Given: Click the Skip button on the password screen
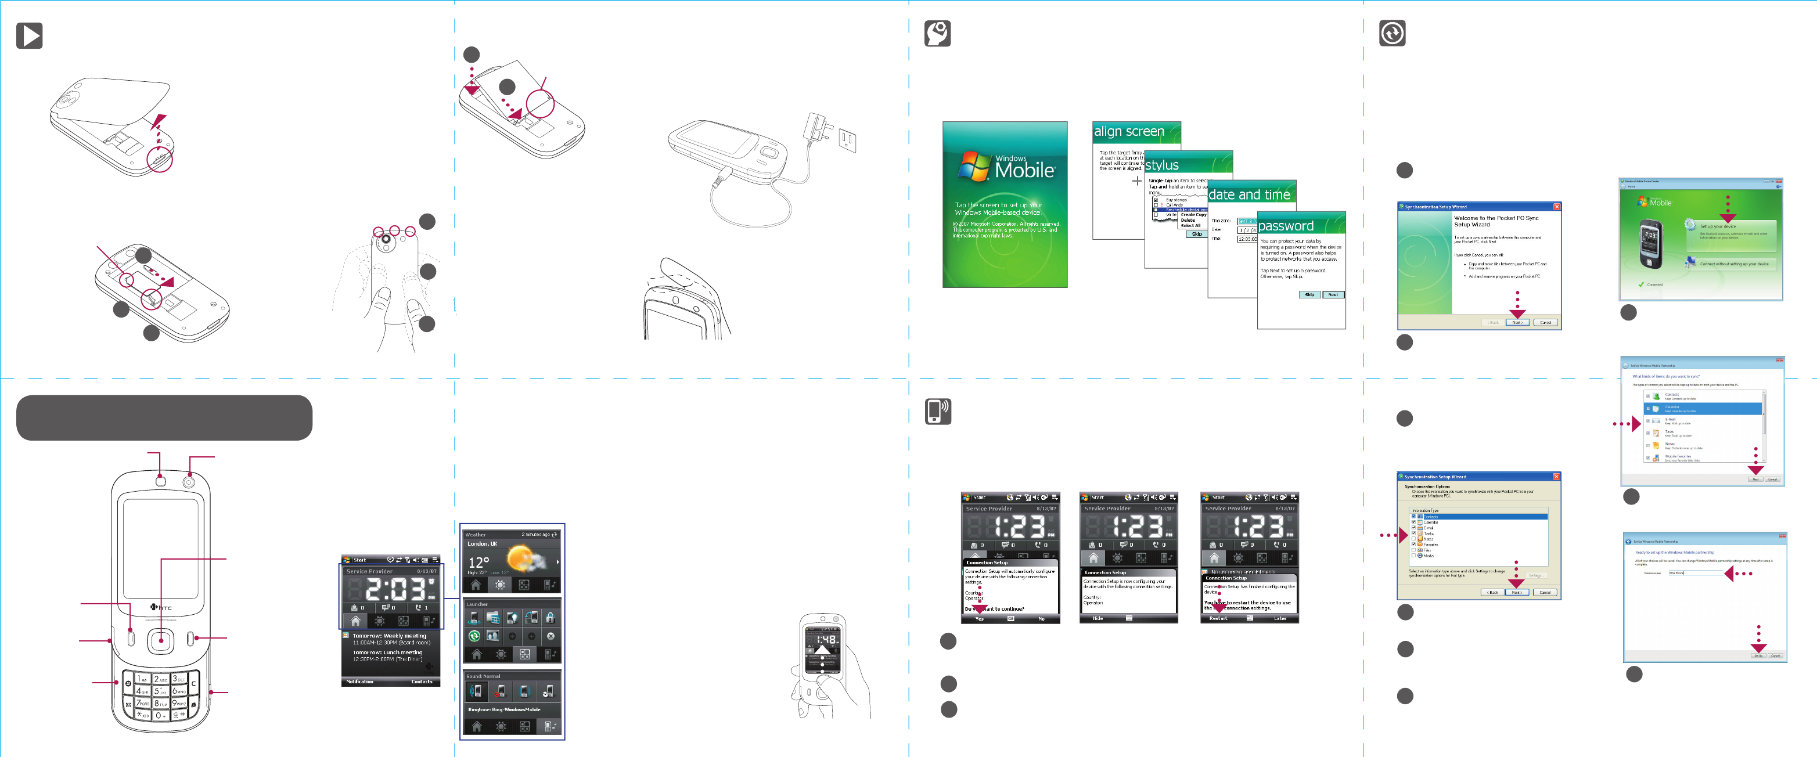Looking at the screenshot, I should pyautogui.click(x=1309, y=295).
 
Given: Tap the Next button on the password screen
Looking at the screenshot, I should pyautogui.click(x=1333, y=295).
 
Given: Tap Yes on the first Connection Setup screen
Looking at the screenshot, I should pyautogui.click(x=979, y=619).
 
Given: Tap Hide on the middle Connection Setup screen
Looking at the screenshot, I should pyautogui.click(x=1098, y=619).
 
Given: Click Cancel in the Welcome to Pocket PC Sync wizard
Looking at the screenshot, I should pyautogui.click(x=1545, y=323).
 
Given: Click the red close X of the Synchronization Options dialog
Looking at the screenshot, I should pyautogui.click(x=1556, y=477).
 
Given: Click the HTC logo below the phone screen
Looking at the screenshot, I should pyautogui.click(x=161, y=608).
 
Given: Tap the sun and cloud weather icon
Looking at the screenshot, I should pyautogui.click(x=526, y=560).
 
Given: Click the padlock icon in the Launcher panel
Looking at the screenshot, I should pyautogui.click(x=550, y=618).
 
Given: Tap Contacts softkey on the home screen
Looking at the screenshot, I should pyautogui.click(x=422, y=682).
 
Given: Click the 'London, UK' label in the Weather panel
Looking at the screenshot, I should pyautogui.click(x=483, y=544).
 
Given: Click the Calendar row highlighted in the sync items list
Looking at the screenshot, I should pyautogui.click(x=1703, y=409).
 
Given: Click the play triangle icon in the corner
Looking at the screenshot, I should pyautogui.click(x=30, y=35).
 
